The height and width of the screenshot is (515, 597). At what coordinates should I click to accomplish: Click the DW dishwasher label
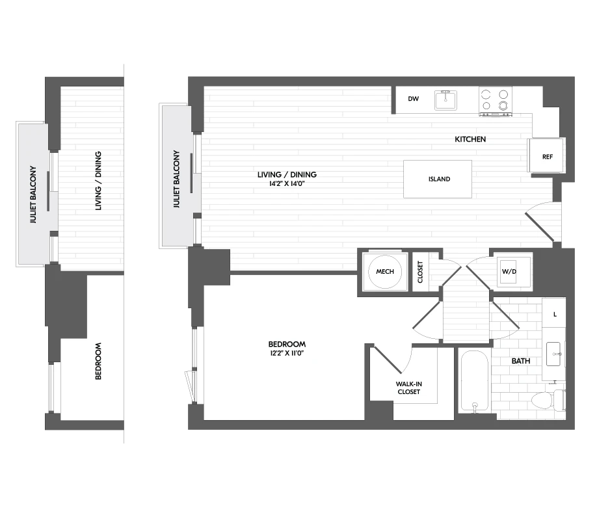point(413,99)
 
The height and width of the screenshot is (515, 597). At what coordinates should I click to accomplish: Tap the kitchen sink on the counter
point(447,100)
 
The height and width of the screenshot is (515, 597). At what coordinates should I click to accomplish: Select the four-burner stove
point(494,101)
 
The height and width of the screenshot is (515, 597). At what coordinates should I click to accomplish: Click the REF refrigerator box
point(547,157)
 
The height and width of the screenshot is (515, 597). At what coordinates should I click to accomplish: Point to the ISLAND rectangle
point(439,179)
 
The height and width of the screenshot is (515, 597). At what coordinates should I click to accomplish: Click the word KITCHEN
point(470,139)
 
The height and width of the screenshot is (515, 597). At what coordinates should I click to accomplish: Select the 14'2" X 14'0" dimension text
point(287,184)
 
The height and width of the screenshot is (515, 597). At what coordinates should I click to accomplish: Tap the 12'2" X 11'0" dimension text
point(286,353)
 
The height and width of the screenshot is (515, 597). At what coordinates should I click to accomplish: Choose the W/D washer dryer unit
point(509,270)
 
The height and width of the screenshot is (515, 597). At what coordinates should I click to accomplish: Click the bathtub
point(474,381)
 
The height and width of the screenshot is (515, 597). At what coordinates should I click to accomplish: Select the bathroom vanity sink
point(554,354)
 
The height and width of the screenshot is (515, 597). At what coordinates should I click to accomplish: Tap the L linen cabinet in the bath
point(554,314)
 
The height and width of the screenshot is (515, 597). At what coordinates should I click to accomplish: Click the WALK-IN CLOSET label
point(408,388)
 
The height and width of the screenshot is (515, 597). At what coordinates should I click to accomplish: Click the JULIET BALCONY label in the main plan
point(176,179)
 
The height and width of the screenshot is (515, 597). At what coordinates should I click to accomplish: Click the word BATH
point(520,360)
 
